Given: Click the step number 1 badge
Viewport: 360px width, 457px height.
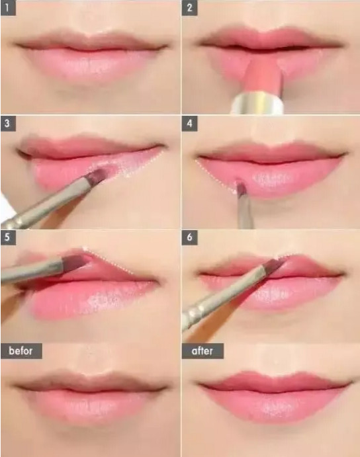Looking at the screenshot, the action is click(x=8, y=9).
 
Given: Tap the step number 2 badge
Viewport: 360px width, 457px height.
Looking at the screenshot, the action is click(x=189, y=9).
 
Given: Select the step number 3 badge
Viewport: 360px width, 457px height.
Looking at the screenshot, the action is click(x=8, y=124).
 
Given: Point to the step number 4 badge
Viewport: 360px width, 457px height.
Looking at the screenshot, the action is click(x=189, y=124).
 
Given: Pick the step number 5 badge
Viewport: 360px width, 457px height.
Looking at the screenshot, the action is click(x=8, y=237).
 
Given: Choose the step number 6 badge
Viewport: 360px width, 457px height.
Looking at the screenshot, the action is click(x=189, y=237).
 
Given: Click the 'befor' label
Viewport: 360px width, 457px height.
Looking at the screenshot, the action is click(x=21, y=351).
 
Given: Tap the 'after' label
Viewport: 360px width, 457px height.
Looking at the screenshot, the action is click(x=202, y=351).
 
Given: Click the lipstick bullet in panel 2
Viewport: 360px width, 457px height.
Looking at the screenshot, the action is click(x=264, y=77).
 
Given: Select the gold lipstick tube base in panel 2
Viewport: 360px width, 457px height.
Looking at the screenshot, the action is click(x=258, y=103).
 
